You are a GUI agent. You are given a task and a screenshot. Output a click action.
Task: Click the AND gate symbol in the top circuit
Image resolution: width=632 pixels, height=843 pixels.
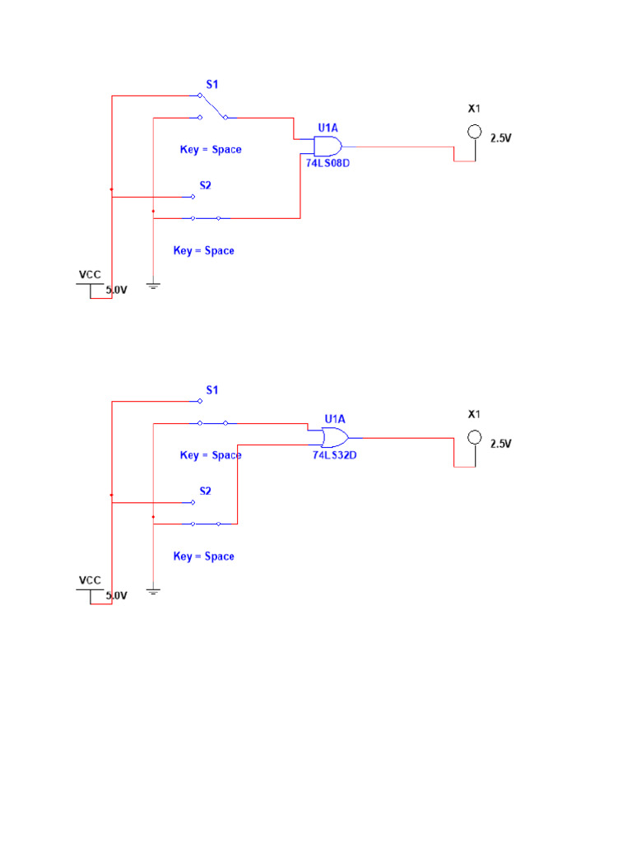click(328, 147)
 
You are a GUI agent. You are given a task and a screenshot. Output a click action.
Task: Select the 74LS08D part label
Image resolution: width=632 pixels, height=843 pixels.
click(328, 163)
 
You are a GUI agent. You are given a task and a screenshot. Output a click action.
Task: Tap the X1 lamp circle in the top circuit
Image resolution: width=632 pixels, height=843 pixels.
click(474, 131)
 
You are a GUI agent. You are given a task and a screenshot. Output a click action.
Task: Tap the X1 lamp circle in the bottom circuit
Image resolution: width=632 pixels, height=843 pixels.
click(474, 437)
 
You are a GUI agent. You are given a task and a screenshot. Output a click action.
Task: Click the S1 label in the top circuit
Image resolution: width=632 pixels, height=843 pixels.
click(211, 84)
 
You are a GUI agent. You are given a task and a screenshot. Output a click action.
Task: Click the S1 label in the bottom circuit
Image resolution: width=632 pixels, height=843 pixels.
click(211, 389)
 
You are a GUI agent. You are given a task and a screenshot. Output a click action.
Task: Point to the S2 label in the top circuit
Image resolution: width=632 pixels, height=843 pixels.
click(205, 185)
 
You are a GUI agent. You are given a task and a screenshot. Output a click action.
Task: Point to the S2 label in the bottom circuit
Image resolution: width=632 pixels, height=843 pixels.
click(205, 491)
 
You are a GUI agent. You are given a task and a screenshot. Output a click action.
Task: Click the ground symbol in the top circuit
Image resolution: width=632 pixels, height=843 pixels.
click(153, 286)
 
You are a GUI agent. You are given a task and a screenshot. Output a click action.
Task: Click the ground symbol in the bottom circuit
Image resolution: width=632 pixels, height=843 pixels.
click(153, 591)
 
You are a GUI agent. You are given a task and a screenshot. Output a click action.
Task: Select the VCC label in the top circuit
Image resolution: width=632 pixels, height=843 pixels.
click(90, 274)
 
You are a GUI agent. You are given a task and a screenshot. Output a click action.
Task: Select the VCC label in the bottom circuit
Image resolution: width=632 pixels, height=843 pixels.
click(90, 580)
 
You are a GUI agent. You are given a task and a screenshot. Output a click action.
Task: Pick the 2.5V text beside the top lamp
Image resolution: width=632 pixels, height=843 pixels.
click(500, 138)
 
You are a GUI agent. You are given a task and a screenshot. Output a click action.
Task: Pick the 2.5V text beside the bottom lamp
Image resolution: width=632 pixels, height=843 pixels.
click(500, 444)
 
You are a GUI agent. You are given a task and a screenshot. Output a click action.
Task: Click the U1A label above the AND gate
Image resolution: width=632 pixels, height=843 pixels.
click(328, 128)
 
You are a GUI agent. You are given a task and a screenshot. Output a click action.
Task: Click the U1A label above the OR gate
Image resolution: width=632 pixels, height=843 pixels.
click(335, 418)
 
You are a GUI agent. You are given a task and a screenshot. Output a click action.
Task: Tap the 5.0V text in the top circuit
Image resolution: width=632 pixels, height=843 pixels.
click(116, 290)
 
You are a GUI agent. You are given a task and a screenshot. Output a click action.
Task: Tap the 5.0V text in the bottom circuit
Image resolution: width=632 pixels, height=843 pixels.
click(116, 595)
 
